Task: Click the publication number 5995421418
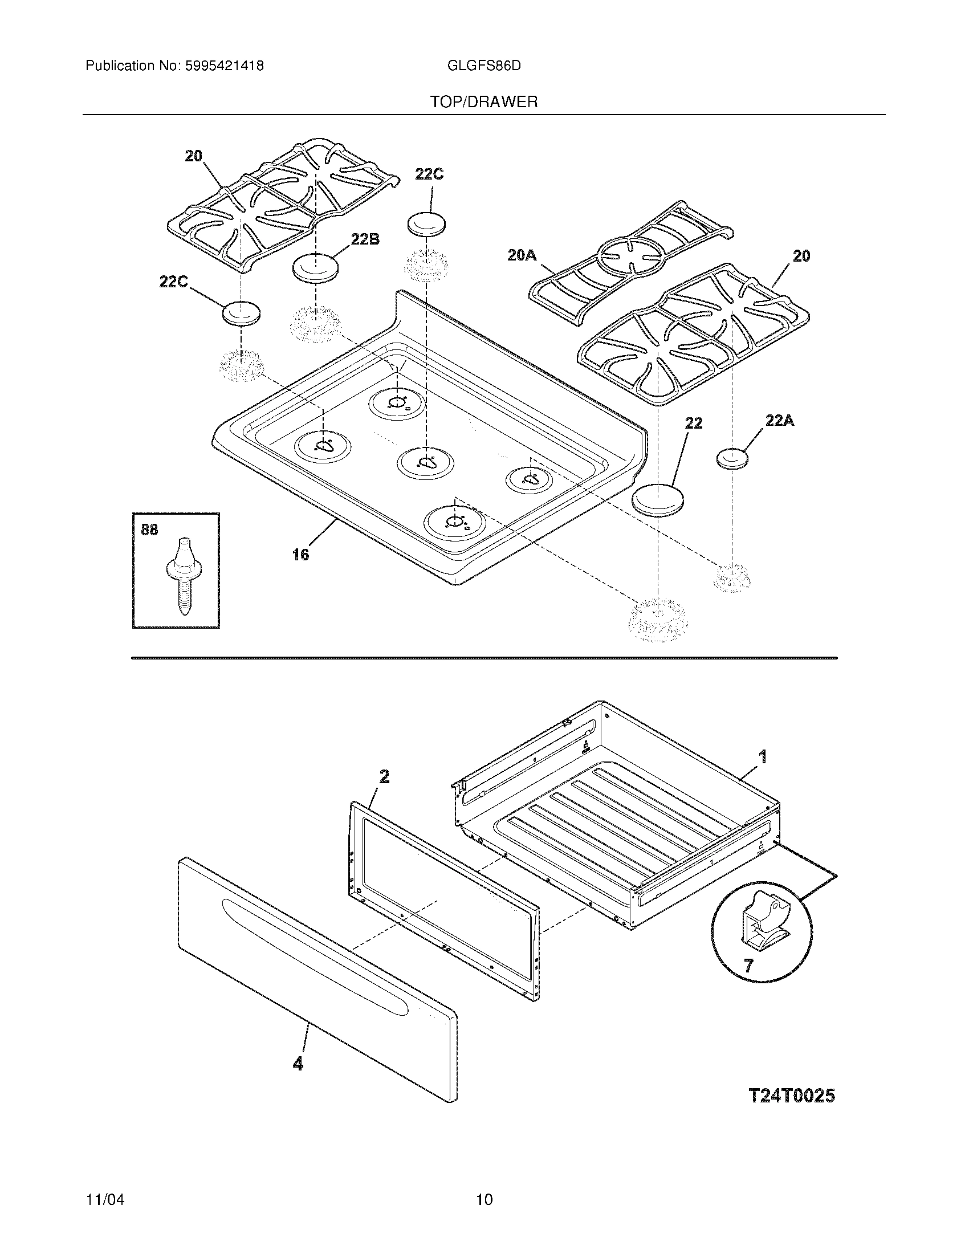[224, 66]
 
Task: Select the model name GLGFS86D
[483, 66]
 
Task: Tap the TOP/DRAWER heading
[484, 102]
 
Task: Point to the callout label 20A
[522, 255]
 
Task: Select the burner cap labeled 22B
[315, 267]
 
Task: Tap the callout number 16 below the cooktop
[300, 554]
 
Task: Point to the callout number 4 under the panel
[298, 1064]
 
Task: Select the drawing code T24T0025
[792, 1096]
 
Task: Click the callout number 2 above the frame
[384, 776]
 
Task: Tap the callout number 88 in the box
[149, 530]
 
